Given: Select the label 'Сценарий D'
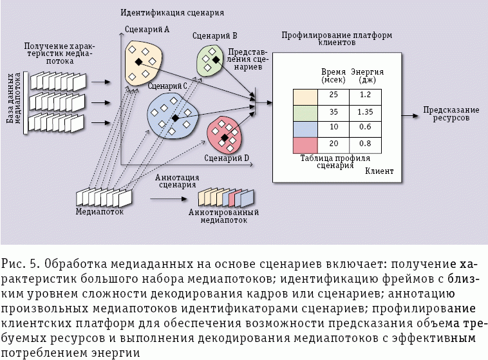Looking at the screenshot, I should pos(227,157).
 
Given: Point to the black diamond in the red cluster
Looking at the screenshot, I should pos(224,138).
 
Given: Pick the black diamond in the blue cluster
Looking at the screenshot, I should pos(174,118).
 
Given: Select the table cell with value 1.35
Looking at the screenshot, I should pos(365,111).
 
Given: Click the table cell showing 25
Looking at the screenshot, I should pos(333,95).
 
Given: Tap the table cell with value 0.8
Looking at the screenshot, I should pos(365,143).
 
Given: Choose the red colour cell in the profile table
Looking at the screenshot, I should pos(306,143).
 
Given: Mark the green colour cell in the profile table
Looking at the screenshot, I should pos(306,111).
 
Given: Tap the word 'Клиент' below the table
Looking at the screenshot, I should pos(379,171).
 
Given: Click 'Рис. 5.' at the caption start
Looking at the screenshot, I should pos(21,265).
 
